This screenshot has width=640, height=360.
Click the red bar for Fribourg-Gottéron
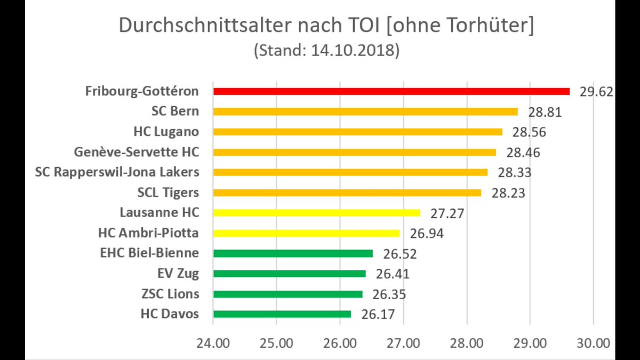(x=391, y=91)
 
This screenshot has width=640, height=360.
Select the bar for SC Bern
(x=365, y=111)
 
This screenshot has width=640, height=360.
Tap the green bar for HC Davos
(x=282, y=314)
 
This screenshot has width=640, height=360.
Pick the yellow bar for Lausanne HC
(x=316, y=213)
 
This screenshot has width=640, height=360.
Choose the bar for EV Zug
(x=289, y=274)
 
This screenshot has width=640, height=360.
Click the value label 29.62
(x=597, y=92)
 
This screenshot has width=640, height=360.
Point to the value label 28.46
(x=523, y=153)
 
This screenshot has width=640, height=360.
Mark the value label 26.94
(x=427, y=234)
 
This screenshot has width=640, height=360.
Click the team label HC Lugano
(x=166, y=132)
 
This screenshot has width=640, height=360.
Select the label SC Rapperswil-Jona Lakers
(x=117, y=172)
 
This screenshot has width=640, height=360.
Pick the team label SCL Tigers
(x=168, y=193)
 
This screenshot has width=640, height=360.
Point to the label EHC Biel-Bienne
(x=149, y=253)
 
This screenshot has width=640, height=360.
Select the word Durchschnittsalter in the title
(x=202, y=26)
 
